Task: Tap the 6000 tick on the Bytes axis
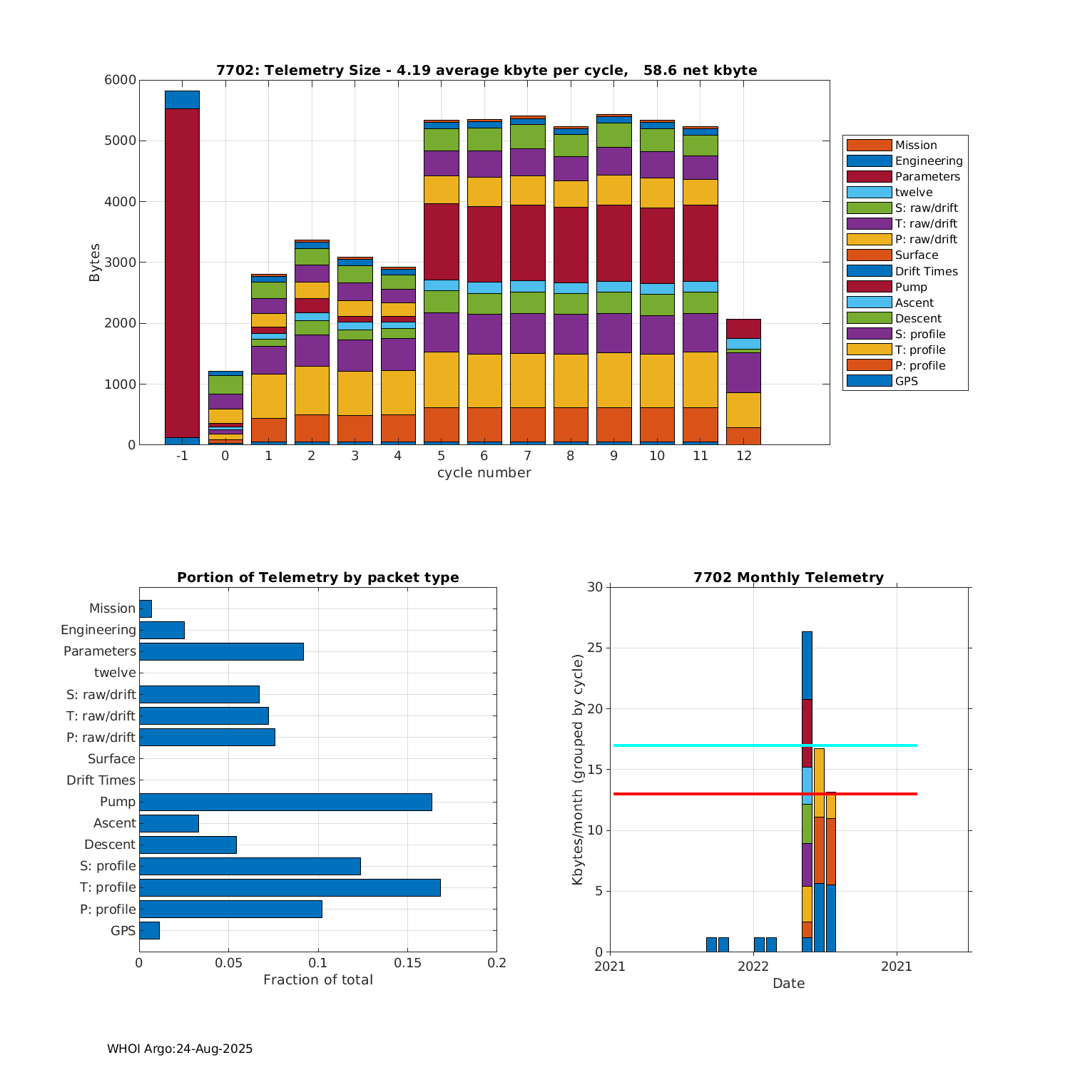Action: [x=122, y=80]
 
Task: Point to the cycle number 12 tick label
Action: [x=743, y=455]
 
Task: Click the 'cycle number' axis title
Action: [x=484, y=472]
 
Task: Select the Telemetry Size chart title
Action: [x=486, y=70]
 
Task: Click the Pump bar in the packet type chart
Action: [x=285, y=802]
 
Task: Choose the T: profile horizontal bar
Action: [x=290, y=887]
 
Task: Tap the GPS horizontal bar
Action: [x=149, y=930]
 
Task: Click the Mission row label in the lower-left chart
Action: [x=112, y=608]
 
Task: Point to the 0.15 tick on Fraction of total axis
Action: [x=407, y=962]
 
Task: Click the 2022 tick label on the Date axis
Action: [x=753, y=966]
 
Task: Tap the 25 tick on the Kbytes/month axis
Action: [x=595, y=648]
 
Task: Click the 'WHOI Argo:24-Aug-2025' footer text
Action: [x=180, y=1049]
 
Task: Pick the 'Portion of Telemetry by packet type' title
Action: [x=317, y=577]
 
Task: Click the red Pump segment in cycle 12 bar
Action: [x=743, y=329]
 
